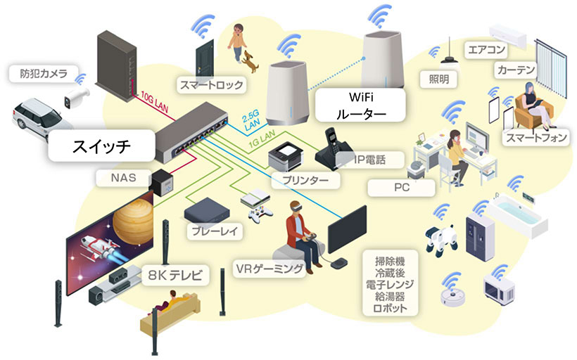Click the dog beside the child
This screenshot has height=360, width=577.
251,63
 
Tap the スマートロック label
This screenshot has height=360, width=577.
211,85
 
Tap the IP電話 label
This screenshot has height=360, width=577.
360,160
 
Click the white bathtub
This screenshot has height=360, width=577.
517,212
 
